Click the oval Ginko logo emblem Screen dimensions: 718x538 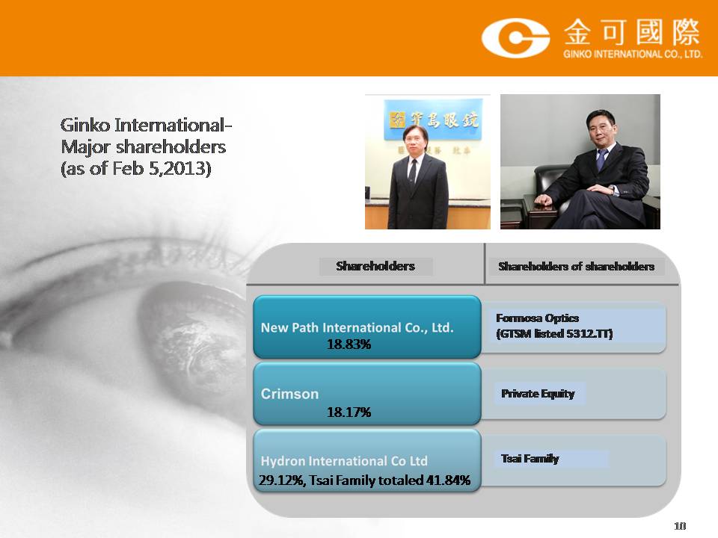(x=515, y=38)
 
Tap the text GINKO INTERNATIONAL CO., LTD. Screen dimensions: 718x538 (x=633, y=54)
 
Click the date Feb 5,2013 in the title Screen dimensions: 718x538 (x=162, y=168)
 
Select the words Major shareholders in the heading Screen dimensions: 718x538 (x=144, y=147)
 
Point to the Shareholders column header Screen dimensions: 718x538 (x=375, y=266)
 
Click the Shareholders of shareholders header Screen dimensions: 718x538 (x=576, y=266)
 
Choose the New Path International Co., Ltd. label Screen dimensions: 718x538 (x=358, y=327)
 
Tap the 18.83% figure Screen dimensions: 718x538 (x=349, y=344)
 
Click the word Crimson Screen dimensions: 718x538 (x=289, y=394)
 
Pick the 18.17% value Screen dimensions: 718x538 (x=349, y=412)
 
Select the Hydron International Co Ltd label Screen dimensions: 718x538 (x=344, y=461)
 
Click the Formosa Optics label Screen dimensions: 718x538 (x=538, y=318)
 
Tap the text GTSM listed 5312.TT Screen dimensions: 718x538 (x=554, y=333)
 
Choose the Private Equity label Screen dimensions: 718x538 (x=538, y=394)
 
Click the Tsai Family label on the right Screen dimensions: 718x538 (x=530, y=458)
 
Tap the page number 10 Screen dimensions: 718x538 (x=680, y=526)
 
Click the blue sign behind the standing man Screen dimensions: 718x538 (x=433, y=119)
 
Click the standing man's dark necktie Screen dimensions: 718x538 (x=413, y=170)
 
